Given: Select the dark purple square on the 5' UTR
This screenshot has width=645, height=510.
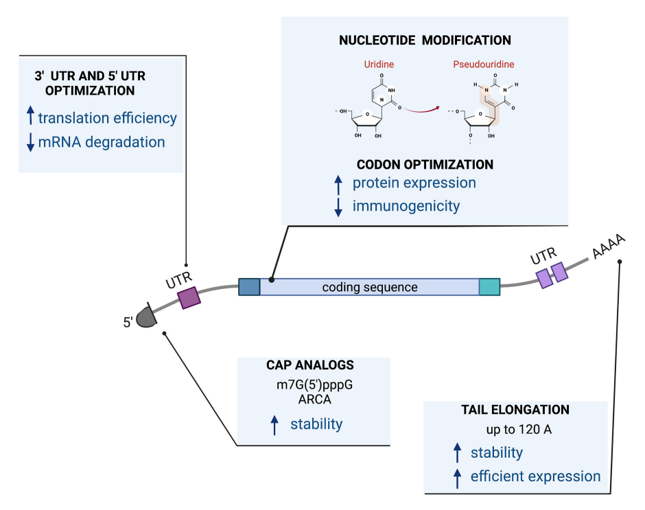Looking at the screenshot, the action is click(189, 298).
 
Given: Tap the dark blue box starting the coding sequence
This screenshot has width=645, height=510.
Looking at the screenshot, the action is click(249, 287).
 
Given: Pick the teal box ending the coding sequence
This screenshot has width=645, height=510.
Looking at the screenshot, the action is click(489, 287).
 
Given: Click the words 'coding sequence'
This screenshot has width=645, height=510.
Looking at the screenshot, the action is click(370, 288).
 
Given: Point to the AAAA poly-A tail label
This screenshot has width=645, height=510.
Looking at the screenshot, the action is click(609, 246).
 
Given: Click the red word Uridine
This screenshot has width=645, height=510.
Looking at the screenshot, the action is click(379, 65).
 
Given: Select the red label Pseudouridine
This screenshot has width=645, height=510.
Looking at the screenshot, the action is click(484, 65).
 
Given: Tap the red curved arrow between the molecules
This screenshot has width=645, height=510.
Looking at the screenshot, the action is click(421, 110).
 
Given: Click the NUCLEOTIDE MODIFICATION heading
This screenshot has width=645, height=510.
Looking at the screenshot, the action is click(425, 40).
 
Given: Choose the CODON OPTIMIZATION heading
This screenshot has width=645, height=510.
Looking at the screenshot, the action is click(425, 165).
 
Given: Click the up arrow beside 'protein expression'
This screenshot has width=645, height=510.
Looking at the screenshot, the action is click(338, 185).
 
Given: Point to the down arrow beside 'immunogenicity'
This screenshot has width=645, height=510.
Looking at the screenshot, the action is click(338, 207).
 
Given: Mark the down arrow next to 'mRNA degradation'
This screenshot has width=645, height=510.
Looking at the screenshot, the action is click(30, 142).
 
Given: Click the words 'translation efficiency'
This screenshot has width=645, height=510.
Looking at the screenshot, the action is click(107, 118).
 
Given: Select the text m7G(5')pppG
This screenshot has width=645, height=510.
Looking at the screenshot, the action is click(315, 385).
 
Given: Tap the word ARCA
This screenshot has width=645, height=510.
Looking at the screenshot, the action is click(315, 399).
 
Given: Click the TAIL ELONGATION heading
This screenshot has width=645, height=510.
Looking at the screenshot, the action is click(515, 410).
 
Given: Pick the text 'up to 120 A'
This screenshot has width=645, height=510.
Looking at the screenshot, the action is click(519, 429).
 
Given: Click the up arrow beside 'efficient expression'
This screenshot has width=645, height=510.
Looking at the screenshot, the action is click(457, 478).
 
